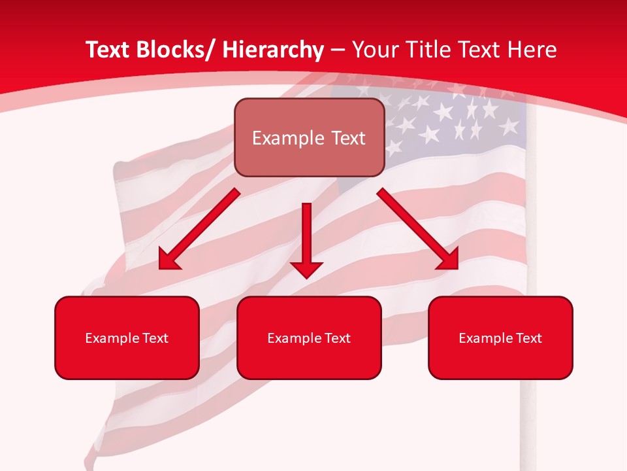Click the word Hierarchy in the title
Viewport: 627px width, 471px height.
pos(273,50)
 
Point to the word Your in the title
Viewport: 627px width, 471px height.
pos(374,50)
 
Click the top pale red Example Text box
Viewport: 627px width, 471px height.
pos(309,137)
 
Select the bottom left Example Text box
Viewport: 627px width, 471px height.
pos(127,338)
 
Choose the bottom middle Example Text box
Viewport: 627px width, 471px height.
pos(309,338)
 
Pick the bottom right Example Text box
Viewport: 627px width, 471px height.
pos(500,338)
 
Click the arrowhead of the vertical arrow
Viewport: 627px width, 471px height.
pos(307,268)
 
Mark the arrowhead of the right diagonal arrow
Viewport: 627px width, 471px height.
pos(448,260)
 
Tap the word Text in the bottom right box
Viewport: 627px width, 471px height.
pos(528,338)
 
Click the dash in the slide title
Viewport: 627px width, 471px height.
pos(338,50)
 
